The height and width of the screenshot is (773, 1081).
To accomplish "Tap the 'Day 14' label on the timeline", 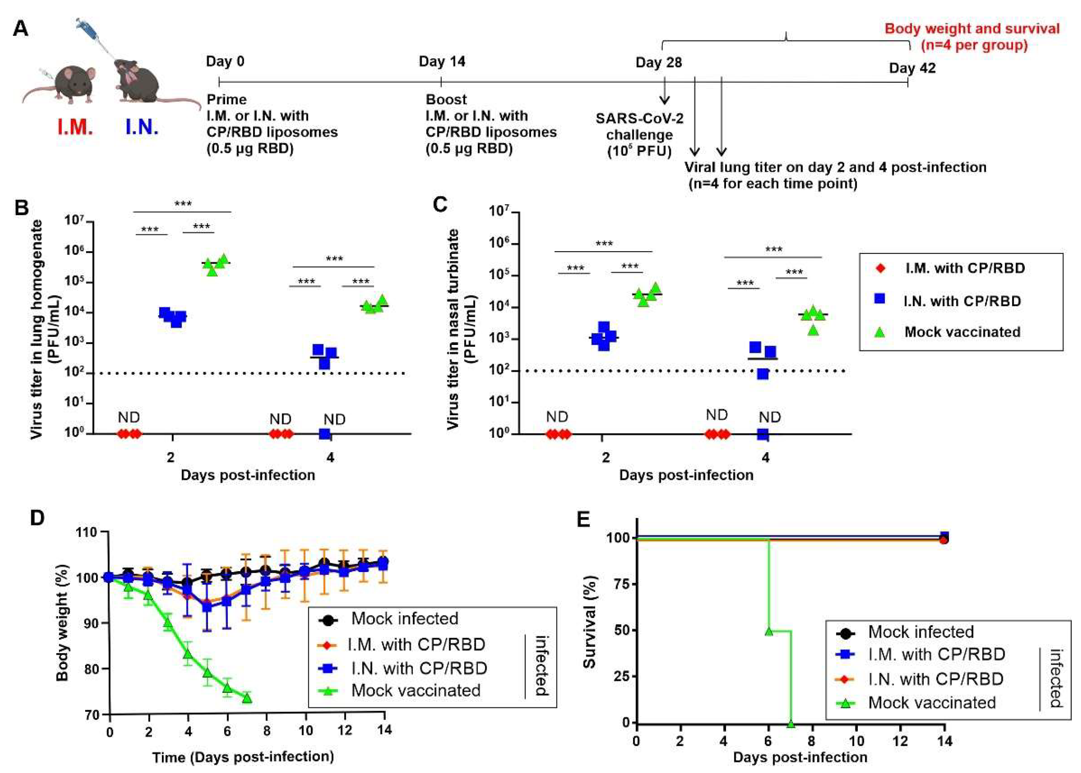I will coord(442,61).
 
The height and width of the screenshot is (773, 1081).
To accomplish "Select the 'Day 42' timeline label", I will coord(912,68).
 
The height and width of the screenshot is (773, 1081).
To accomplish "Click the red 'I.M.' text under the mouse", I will coord(75,127).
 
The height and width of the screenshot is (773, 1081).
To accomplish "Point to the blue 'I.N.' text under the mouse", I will coord(141,127).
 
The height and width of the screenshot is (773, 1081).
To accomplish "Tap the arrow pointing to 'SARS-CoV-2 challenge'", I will coord(664,92).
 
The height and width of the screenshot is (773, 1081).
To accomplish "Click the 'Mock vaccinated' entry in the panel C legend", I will coord(962,332).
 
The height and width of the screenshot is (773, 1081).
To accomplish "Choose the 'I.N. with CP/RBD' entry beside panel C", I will coord(962,301).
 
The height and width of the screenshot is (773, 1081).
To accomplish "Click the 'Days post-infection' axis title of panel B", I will coord(248,475).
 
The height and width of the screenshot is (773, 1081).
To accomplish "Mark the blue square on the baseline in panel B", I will coord(325,434).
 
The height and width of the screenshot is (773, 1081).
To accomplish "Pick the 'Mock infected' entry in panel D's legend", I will coord(405,618).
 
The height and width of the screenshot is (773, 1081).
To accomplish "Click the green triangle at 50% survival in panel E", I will coord(768,631).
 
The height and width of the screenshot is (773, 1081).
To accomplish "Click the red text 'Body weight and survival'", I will coord(972,28).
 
